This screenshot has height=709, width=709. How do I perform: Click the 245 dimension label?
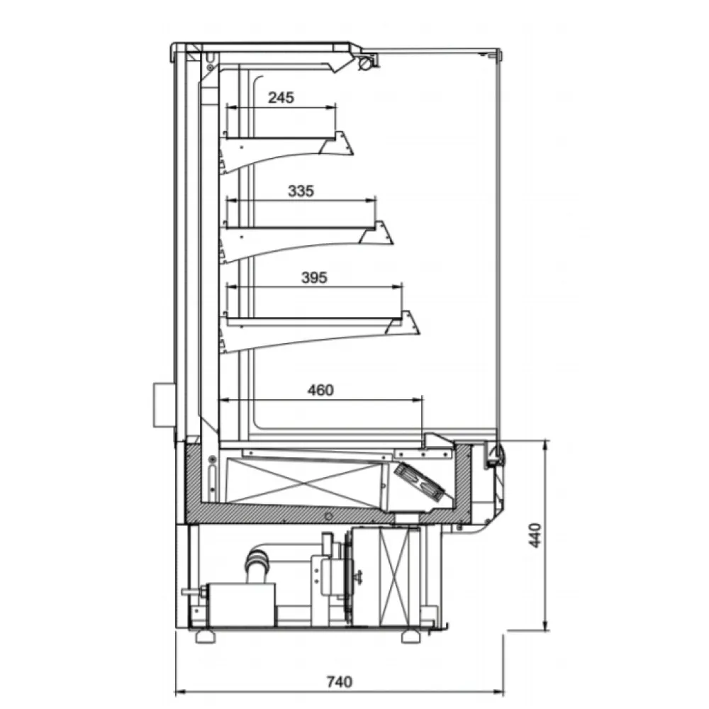point(281,98)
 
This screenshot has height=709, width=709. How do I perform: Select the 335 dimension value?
point(301,191)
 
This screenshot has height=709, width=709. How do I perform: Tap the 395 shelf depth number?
point(314,277)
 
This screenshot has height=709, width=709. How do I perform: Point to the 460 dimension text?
point(320,389)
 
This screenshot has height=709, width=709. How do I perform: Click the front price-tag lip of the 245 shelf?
point(337,143)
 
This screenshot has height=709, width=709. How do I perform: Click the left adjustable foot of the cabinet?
point(206,636)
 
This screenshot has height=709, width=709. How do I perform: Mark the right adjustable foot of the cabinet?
point(411,636)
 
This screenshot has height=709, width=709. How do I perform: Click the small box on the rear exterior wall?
point(164,406)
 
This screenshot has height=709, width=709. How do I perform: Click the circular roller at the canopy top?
point(365,64)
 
